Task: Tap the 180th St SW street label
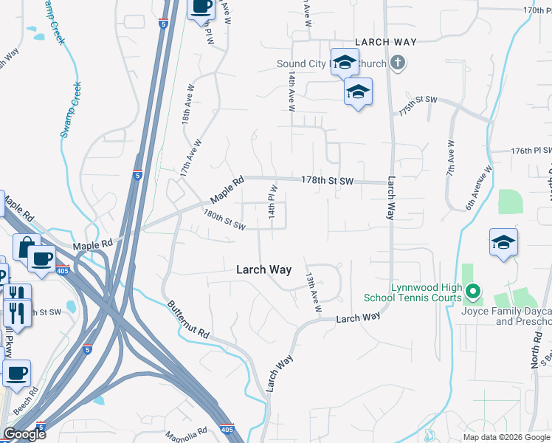click(224, 220)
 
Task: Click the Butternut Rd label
click(189, 320)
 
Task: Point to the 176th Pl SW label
click(531, 151)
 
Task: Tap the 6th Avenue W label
click(479, 188)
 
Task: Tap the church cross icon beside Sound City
click(398, 63)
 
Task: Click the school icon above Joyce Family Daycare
click(503, 241)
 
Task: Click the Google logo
click(24, 434)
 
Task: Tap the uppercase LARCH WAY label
click(385, 42)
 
